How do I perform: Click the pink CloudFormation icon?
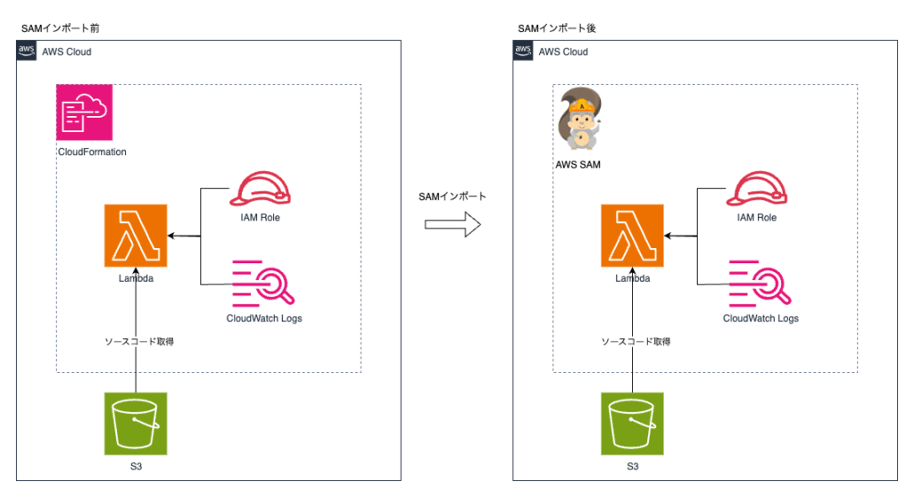tap(83, 112)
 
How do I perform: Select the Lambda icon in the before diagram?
tap(135, 236)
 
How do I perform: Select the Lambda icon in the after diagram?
tap(632, 236)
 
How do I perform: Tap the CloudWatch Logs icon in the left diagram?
tap(263, 284)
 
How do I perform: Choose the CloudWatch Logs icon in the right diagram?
tap(760, 284)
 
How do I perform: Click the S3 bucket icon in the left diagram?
tap(135, 424)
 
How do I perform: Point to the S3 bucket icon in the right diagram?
tap(632, 424)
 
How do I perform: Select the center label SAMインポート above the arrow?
tap(451, 195)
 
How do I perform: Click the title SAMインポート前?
tap(60, 29)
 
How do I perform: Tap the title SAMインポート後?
tap(557, 29)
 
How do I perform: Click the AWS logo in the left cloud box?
tap(27, 52)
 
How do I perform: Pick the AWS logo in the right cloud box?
tap(524, 52)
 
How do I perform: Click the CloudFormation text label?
tap(91, 152)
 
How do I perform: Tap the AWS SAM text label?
tap(579, 165)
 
